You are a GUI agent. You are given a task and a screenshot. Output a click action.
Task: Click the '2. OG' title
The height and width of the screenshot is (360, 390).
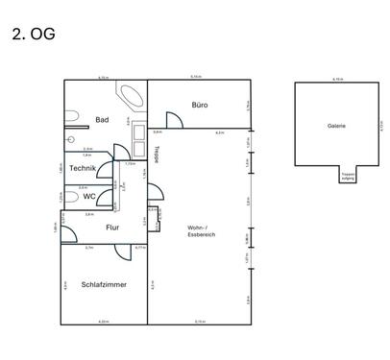pos(34,35)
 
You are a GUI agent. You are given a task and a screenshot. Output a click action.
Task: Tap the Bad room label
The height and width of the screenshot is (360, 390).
pos(102,120)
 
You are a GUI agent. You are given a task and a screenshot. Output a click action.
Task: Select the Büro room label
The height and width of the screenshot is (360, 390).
pos(200,105)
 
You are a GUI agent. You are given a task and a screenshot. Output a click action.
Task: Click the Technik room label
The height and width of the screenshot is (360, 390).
pos(82,169)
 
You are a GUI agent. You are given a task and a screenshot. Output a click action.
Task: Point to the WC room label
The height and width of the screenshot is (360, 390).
pos(89,197)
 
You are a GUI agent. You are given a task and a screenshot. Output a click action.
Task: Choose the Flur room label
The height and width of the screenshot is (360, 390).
pos(111,228)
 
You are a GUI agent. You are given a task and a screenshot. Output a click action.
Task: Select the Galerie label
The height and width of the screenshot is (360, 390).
pos(336,126)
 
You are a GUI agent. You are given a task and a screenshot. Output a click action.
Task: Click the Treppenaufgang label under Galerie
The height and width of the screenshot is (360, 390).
pos(347,176)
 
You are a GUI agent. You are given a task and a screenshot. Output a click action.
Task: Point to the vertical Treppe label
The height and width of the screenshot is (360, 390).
pos(158,153)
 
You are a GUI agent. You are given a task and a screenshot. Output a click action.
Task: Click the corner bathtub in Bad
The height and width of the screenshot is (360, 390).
pos(130,97)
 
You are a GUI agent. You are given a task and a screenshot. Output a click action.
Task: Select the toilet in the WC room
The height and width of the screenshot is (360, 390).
pos(71,197)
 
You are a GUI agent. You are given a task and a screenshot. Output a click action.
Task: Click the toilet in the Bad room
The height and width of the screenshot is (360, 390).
pos(71,117)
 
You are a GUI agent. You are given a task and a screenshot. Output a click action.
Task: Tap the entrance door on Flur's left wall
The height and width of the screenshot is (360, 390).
pos(67,228)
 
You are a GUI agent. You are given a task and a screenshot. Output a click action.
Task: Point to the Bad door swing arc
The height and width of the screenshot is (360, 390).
pos(118,151)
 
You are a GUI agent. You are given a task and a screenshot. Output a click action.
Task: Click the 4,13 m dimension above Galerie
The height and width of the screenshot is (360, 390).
pos(336,79)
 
